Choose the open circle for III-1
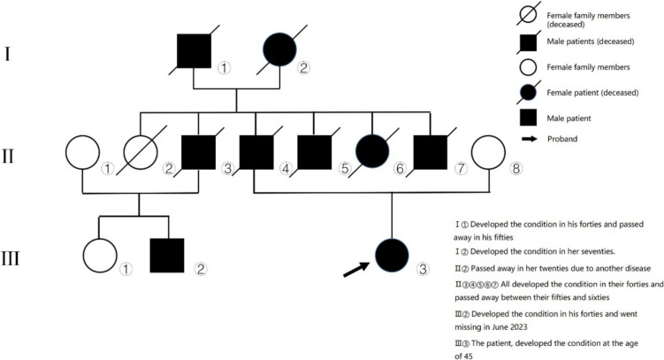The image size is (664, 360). point(99,255)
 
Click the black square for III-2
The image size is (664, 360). point(167,255)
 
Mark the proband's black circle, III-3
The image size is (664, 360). point(392,256)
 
